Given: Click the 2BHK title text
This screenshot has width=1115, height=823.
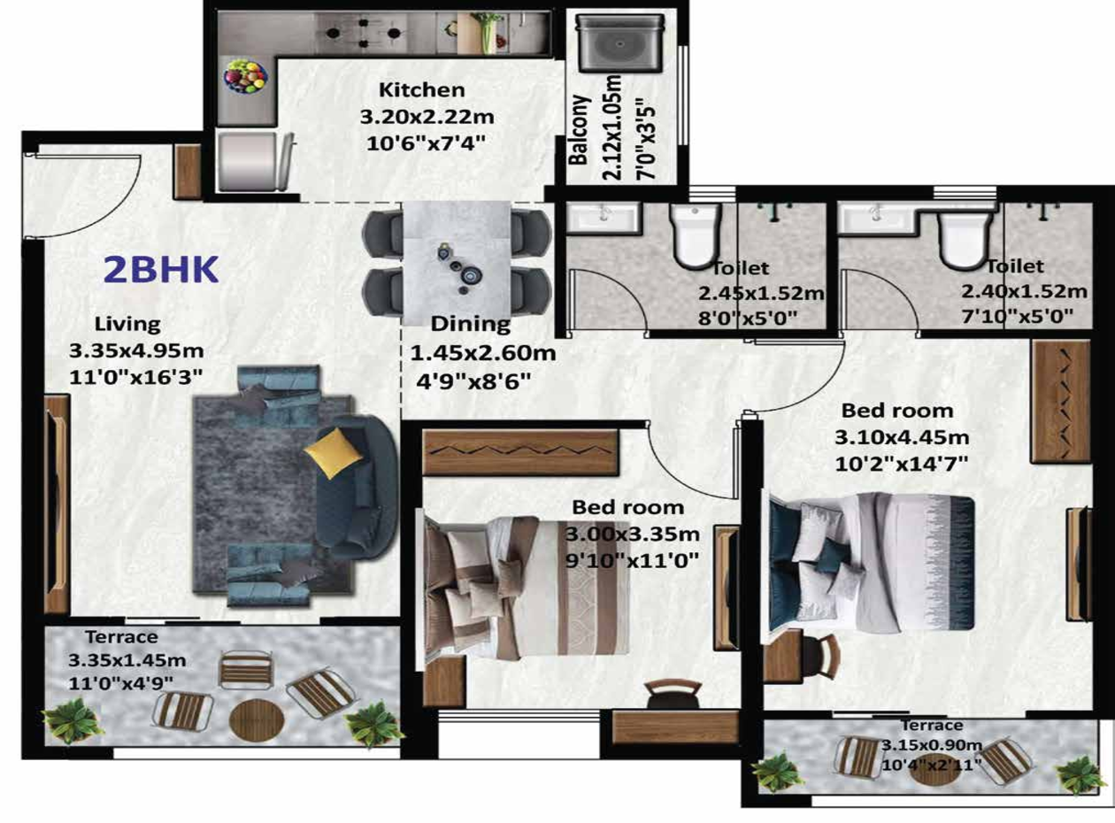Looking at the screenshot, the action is tap(160, 270).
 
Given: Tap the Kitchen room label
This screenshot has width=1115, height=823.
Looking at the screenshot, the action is tap(421, 90).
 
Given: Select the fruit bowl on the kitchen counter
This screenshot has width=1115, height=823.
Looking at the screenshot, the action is tap(245, 76).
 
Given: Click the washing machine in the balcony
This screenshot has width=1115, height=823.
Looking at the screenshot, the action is tap(619, 42).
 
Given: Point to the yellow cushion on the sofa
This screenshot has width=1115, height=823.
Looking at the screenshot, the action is tap(334, 452).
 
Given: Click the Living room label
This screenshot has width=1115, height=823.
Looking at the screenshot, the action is tap(127, 324).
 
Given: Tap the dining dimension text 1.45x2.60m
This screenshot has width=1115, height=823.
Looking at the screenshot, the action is tap(482, 353).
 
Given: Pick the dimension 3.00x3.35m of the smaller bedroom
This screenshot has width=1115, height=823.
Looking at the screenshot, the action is tap(633, 534).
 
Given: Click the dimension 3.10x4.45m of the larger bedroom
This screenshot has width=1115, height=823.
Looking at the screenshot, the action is tap(902, 437).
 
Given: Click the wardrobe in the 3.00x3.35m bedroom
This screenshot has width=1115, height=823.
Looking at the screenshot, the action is tap(519, 452).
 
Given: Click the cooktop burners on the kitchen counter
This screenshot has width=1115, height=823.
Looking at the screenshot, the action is tap(363, 34).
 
